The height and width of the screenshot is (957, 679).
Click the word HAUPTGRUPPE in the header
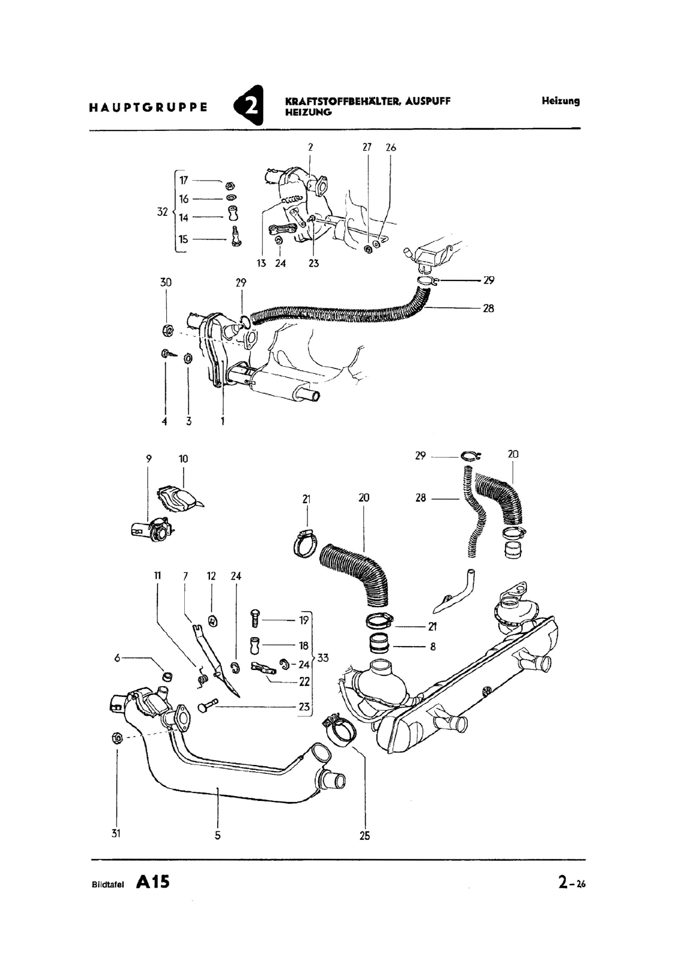(148, 108)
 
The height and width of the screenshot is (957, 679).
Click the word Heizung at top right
(561, 101)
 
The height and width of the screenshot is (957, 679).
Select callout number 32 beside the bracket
(162, 212)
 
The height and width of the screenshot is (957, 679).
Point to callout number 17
(184, 180)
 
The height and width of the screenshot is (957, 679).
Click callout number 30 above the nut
(166, 282)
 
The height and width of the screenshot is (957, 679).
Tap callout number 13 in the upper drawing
(261, 263)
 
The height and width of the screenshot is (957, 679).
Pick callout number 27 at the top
(367, 147)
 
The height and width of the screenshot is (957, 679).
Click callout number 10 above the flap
(183, 459)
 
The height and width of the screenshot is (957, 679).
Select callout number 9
(148, 459)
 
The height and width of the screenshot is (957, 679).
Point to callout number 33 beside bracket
(323, 658)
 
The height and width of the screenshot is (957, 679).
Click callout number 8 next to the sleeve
(433, 647)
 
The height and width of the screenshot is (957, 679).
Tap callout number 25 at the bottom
(365, 836)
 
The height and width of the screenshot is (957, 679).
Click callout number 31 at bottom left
(116, 833)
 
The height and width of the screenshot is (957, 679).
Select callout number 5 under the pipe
(218, 836)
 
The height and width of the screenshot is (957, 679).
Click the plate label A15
(153, 882)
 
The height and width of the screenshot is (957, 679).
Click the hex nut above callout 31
(117, 737)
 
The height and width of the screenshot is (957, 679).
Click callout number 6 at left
(117, 658)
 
